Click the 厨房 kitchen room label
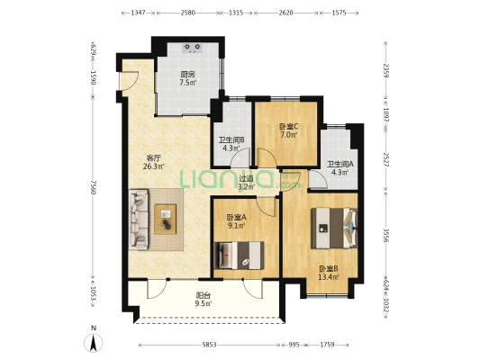point(187,75)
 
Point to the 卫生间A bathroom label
point(340,164)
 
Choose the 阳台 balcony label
point(204,294)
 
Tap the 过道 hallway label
point(246,178)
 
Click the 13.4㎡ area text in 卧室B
point(327,276)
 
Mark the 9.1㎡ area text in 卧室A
point(237,225)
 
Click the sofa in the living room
point(140,219)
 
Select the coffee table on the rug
point(167,216)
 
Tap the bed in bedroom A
point(239,255)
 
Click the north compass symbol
point(93,343)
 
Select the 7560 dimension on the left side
point(94,188)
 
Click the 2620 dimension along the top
point(285,13)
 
